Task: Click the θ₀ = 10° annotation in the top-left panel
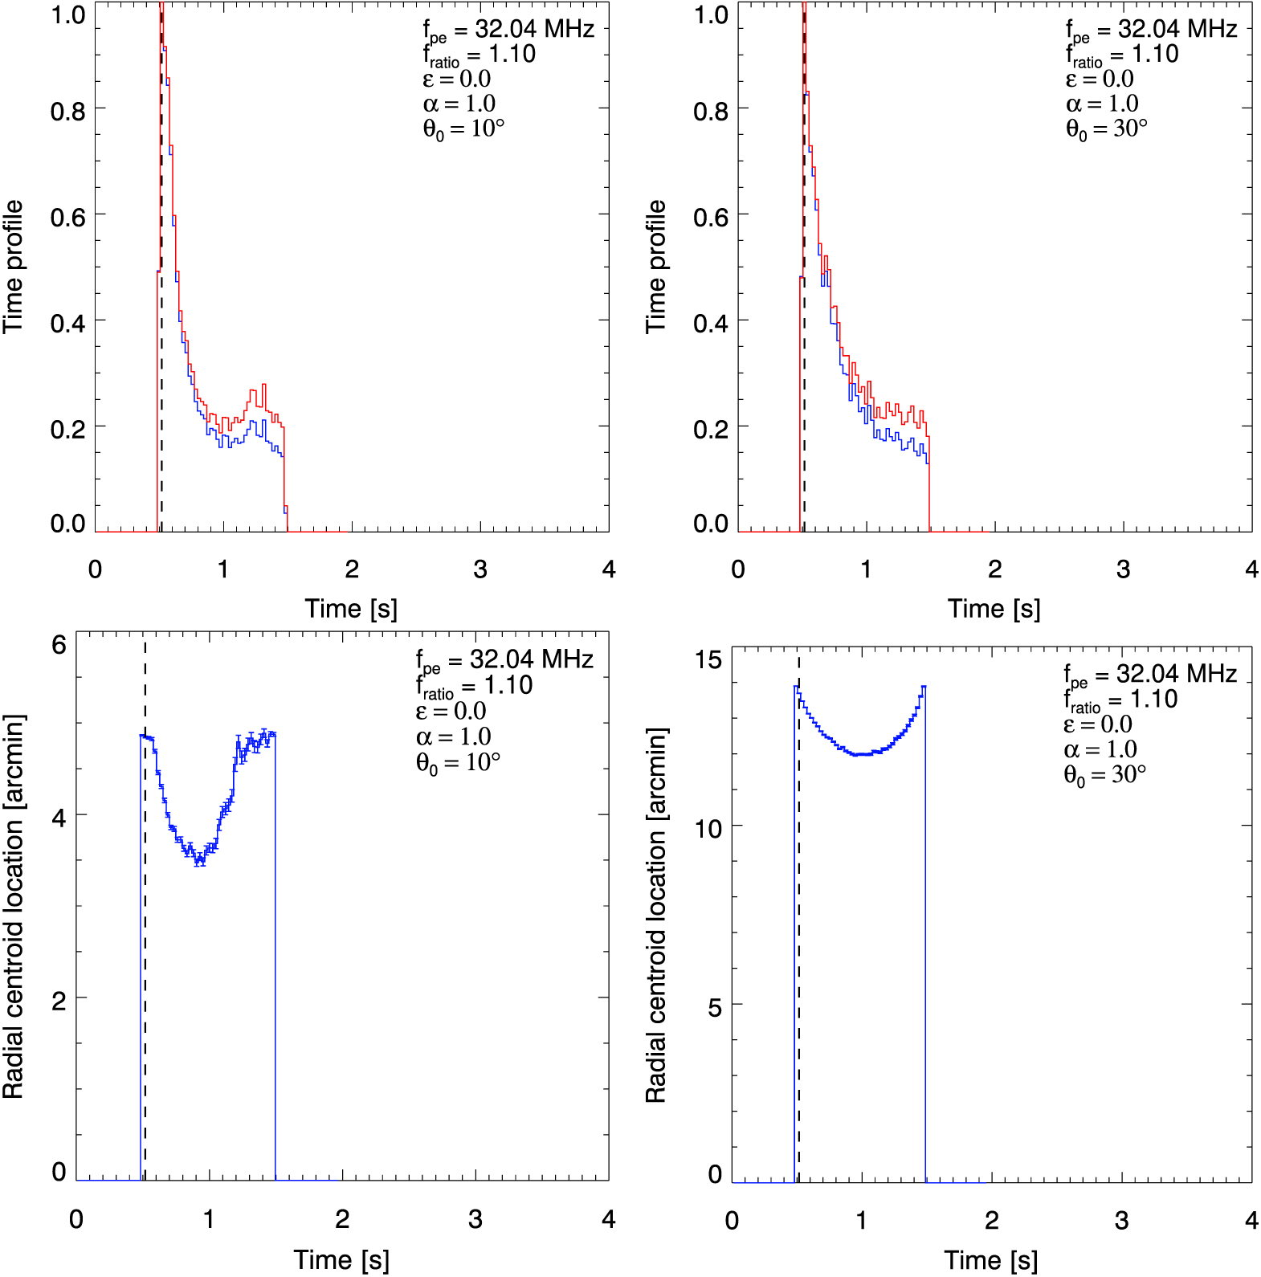point(463,129)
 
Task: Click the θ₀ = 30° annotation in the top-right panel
point(1106,129)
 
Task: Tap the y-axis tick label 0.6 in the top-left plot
point(68,217)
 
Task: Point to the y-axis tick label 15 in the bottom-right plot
point(708,660)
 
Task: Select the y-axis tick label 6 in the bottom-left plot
point(59,645)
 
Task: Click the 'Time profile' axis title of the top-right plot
point(656,267)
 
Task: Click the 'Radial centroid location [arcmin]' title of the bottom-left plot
point(14,906)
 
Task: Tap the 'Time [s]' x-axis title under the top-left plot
point(351,609)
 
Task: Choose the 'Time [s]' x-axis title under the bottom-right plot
point(990,1260)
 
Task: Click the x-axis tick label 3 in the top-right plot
point(1123,569)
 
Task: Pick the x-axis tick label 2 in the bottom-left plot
point(342,1219)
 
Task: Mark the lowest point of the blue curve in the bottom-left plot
point(199,862)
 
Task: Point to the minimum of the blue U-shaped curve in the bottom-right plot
point(860,755)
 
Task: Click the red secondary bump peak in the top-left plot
point(263,386)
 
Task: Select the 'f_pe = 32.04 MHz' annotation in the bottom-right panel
point(1150,674)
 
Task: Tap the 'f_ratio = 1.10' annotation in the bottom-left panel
point(474,686)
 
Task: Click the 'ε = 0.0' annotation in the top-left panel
point(456,79)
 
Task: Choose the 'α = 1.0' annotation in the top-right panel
point(1102,104)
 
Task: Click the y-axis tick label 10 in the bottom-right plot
point(708,828)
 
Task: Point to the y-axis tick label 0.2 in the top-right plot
point(711,429)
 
